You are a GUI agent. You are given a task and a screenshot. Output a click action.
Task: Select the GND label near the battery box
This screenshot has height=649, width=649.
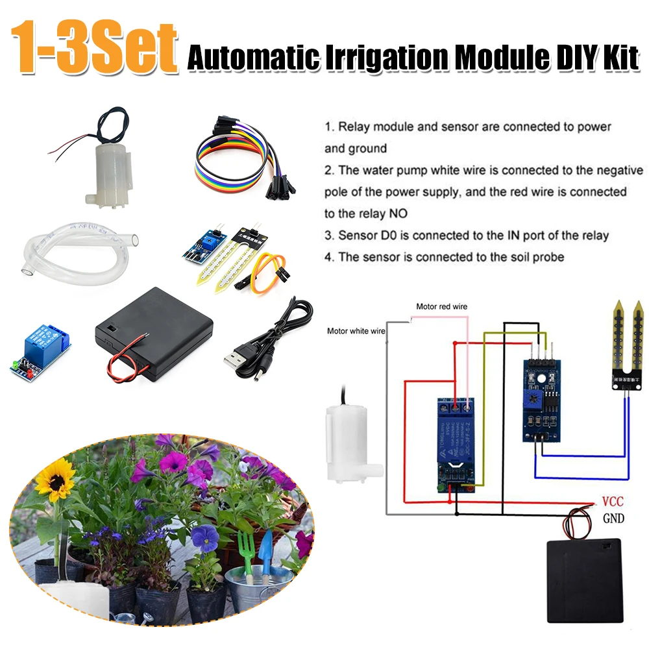click(x=613, y=519)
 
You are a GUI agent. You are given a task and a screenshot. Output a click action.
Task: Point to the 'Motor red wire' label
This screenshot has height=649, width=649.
click(x=441, y=306)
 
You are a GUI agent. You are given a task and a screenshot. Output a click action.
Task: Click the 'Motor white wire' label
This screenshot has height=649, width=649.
click(x=356, y=330)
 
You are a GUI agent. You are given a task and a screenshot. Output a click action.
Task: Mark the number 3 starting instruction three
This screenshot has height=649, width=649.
click(x=329, y=236)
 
